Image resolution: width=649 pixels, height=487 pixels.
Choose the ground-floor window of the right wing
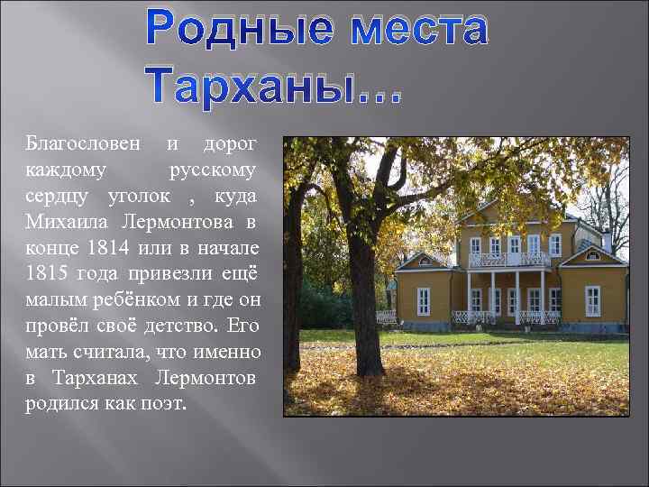(592, 300)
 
